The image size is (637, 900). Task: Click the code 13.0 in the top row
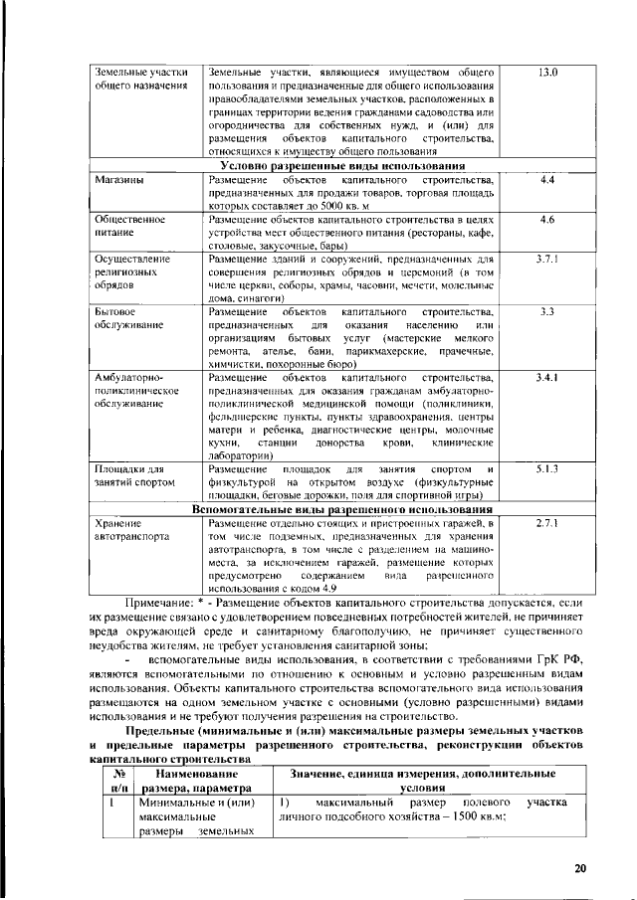pyautogui.click(x=546, y=73)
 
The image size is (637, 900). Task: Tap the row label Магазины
pyautogui.click(x=117, y=179)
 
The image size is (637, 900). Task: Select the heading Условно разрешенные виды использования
pyautogui.click(x=342, y=165)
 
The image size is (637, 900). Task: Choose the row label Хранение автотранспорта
pyautogui.click(x=126, y=529)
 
